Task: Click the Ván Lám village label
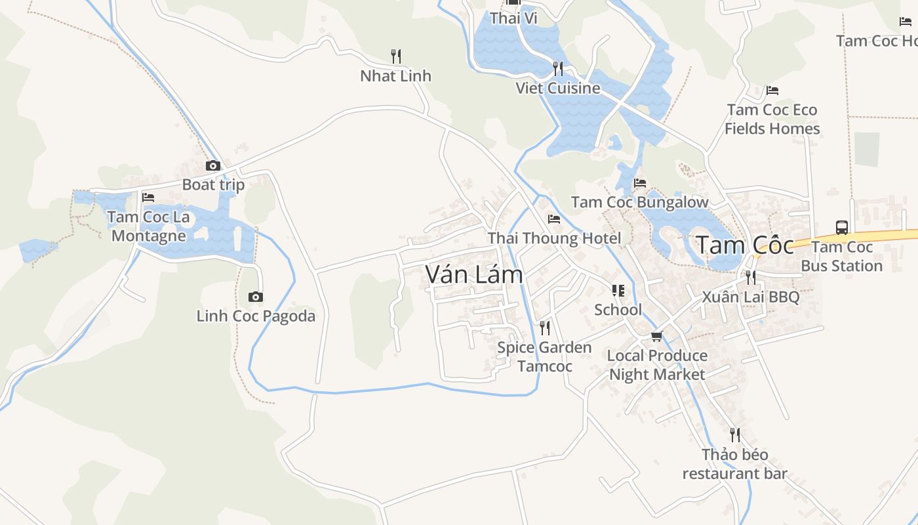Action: point(474,274)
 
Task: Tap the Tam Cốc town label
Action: point(744,245)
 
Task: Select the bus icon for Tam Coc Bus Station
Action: point(842,228)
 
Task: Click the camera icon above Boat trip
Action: point(213,165)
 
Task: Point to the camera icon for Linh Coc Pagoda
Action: point(256,297)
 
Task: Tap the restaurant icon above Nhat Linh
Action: point(396,56)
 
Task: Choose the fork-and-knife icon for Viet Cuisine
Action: point(558,68)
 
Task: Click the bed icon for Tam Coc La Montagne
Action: point(148,197)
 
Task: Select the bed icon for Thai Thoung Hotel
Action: point(554,219)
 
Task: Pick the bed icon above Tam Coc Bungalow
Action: point(640,183)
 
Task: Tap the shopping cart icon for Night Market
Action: point(656,337)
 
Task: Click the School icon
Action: point(618,290)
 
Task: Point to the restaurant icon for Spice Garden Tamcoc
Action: point(544,327)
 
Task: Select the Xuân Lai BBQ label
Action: point(751,297)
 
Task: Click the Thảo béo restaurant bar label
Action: point(735,464)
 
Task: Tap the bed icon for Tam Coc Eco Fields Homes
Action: point(772,91)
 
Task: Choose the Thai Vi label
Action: point(513,18)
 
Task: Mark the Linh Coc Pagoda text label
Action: point(256,316)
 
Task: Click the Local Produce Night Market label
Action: point(657,365)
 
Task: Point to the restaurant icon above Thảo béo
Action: point(735,434)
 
